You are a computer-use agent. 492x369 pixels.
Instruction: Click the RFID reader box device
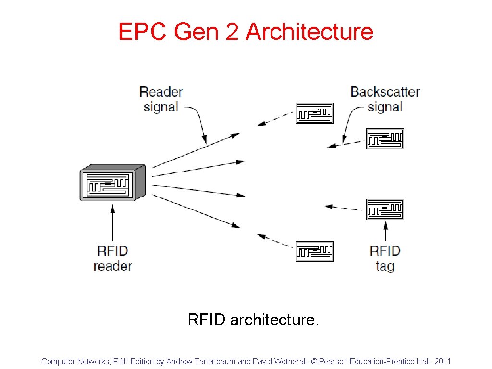[x=112, y=184]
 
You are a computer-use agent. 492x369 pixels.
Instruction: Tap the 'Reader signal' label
[x=161, y=99]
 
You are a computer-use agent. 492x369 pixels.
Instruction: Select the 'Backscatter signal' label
[x=385, y=99]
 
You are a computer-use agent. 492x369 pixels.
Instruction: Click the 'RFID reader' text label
[x=112, y=258]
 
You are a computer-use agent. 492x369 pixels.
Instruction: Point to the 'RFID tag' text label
[x=385, y=258]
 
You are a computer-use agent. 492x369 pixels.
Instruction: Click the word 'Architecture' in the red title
[x=309, y=32]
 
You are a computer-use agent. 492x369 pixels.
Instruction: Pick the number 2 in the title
[x=234, y=32]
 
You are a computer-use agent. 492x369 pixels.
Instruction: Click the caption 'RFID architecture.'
[x=253, y=320]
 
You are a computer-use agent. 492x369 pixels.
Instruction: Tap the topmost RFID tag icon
[x=315, y=113]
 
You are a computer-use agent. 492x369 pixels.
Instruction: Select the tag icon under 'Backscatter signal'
[x=385, y=139]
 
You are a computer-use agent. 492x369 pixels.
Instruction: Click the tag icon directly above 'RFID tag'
[x=385, y=209]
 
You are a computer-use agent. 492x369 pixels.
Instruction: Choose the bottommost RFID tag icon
[x=315, y=251]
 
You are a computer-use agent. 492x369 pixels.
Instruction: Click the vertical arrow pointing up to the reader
[x=112, y=223]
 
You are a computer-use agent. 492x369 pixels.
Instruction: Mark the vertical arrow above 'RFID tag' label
[x=385, y=231]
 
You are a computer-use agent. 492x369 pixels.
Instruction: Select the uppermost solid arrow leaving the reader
[x=195, y=151]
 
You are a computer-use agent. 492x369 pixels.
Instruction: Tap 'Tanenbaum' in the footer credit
[x=213, y=361]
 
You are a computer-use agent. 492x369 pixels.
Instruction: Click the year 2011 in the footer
[x=442, y=361]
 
